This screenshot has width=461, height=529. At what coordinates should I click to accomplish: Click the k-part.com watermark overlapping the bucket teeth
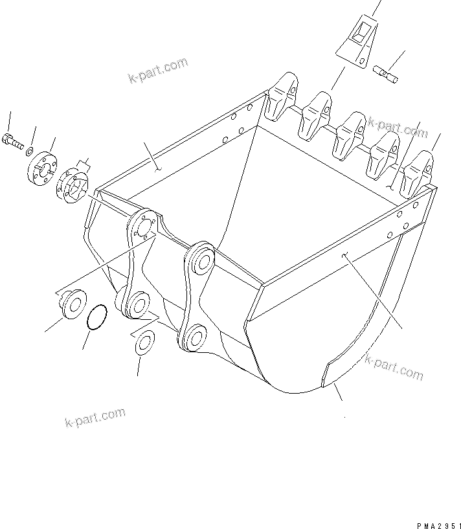click(398, 128)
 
